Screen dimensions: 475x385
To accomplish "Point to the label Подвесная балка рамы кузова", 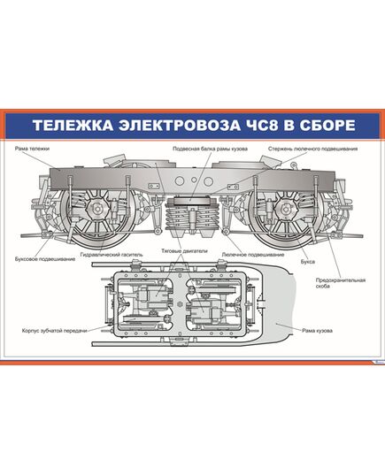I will (x=210, y=149).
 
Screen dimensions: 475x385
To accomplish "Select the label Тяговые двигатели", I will (x=184, y=251).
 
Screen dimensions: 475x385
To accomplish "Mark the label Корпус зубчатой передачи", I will (x=56, y=331).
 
